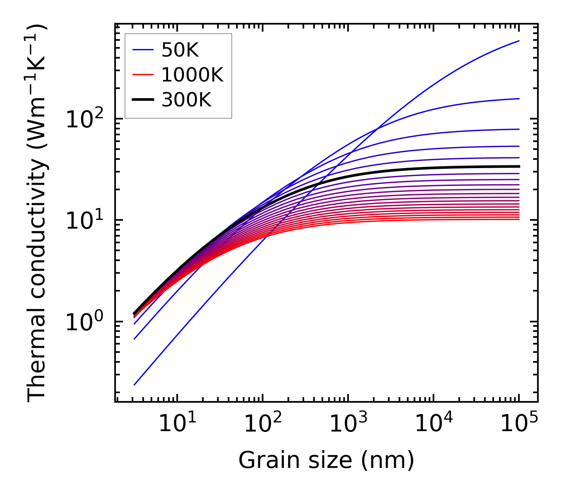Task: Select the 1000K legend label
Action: click(192, 75)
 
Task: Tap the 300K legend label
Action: click(186, 100)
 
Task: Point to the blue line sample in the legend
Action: click(143, 50)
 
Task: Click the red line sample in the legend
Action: click(143, 75)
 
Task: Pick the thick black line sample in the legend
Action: click(143, 100)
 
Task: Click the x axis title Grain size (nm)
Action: click(326, 460)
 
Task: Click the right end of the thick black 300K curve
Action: click(519, 167)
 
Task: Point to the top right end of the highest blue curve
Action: click(519, 41)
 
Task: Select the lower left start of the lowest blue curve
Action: click(134, 384)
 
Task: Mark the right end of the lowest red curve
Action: click(519, 219)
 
